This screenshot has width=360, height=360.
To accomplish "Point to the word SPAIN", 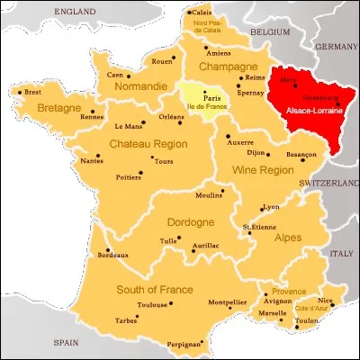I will [x=64, y=342].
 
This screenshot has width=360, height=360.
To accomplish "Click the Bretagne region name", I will [x=60, y=109].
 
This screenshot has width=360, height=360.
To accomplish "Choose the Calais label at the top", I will [x=205, y=13].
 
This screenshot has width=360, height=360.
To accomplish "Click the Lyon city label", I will [x=271, y=206].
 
